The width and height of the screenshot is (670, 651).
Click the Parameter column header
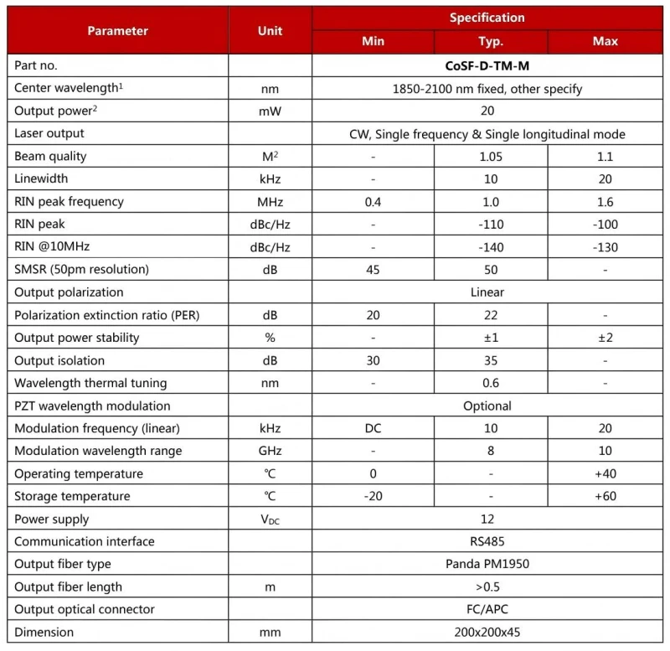(117, 30)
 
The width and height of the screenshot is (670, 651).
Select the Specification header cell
(487, 18)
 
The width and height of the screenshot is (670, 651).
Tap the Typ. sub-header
(490, 41)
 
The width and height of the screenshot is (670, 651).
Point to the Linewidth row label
(41, 178)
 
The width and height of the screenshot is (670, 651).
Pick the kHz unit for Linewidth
(270, 179)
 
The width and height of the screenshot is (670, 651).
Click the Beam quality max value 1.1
(605, 157)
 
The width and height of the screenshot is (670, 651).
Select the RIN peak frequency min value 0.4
(373, 202)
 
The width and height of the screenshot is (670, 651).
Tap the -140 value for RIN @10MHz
(490, 247)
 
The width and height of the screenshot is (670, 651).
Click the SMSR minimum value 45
(373, 270)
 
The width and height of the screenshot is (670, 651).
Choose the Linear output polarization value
(487, 292)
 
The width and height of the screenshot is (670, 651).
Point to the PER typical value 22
(490, 315)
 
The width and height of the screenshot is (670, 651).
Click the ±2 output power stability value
(605, 338)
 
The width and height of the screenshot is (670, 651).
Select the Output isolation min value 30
(373, 360)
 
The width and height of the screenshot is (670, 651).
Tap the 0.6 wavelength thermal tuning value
(490, 383)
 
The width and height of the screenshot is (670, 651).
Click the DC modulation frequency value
(373, 428)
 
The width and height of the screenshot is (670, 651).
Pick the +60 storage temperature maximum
(605, 496)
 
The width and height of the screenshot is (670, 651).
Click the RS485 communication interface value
(487, 541)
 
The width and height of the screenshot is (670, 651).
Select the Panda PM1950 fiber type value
(487, 564)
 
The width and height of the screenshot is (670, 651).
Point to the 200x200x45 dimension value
(487, 632)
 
